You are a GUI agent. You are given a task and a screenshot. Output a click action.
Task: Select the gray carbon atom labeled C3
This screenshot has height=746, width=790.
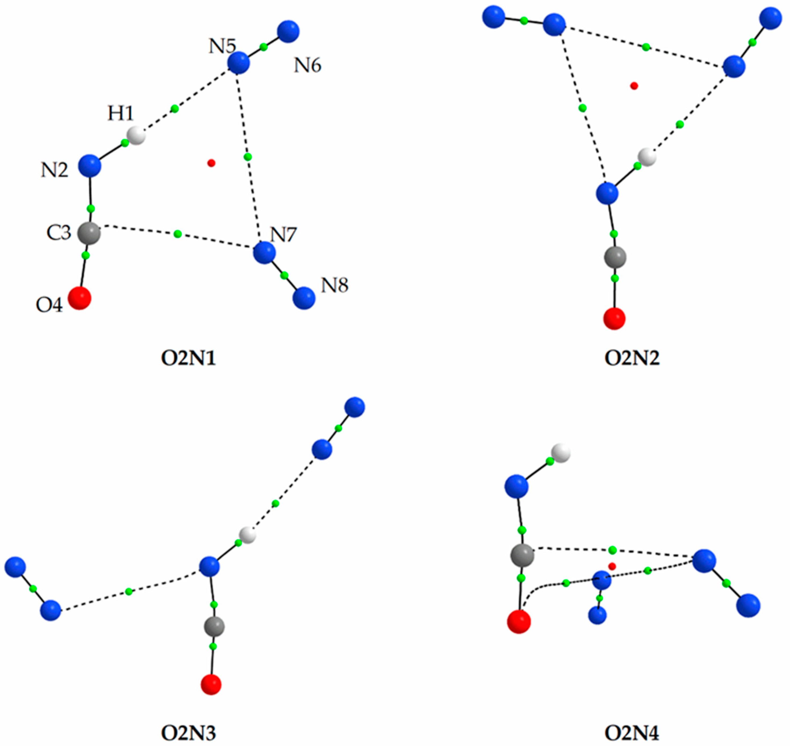(89, 233)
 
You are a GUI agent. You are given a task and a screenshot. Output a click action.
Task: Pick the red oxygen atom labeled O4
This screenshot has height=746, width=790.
(79, 298)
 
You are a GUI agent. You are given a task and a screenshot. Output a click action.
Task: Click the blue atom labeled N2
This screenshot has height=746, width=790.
(89, 166)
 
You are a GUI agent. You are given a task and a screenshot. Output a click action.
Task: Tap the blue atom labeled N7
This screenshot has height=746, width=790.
(264, 252)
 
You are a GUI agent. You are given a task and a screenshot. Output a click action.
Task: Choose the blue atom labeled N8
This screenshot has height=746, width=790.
(304, 298)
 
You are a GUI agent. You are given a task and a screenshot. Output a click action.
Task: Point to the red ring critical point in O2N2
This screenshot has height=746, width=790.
(634, 86)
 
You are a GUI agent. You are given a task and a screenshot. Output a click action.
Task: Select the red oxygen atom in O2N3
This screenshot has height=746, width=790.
(211, 684)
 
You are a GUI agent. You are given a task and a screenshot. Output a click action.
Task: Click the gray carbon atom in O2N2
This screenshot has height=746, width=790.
(615, 257)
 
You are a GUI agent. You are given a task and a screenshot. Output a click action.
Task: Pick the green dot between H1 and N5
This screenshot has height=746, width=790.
(174, 109)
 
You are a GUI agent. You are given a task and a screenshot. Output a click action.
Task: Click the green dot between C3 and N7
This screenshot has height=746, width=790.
(178, 233)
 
